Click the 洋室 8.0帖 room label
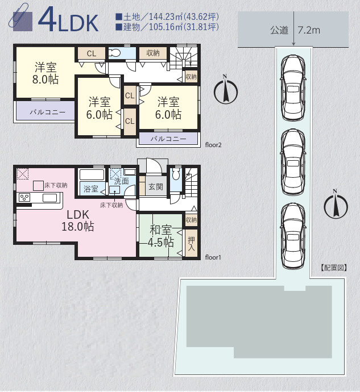pyautogui.click(x=45, y=73)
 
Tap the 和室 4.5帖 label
pyautogui.click(x=161, y=236)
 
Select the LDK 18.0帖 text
pyautogui.click(x=77, y=220)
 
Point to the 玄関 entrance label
pyautogui.click(x=156, y=186)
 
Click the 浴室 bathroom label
pyautogui.click(x=90, y=189)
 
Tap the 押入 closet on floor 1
pyautogui.click(x=191, y=244)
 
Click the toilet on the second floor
pyautogui.click(x=115, y=53)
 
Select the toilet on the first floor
pyautogui.click(x=176, y=173)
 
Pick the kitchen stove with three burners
pyautogui.click(x=24, y=197)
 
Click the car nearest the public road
pyautogui.click(x=293, y=87)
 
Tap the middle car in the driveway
pyautogui.click(x=293, y=162)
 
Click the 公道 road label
pyautogui.click(x=279, y=30)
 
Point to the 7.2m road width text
pyautogui.click(x=309, y=30)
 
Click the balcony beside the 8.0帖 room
pyautogui.click(x=45, y=111)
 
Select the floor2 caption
pyautogui.click(x=213, y=145)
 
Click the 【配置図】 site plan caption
pyautogui.click(x=333, y=268)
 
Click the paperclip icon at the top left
pyautogui.click(x=18, y=15)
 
